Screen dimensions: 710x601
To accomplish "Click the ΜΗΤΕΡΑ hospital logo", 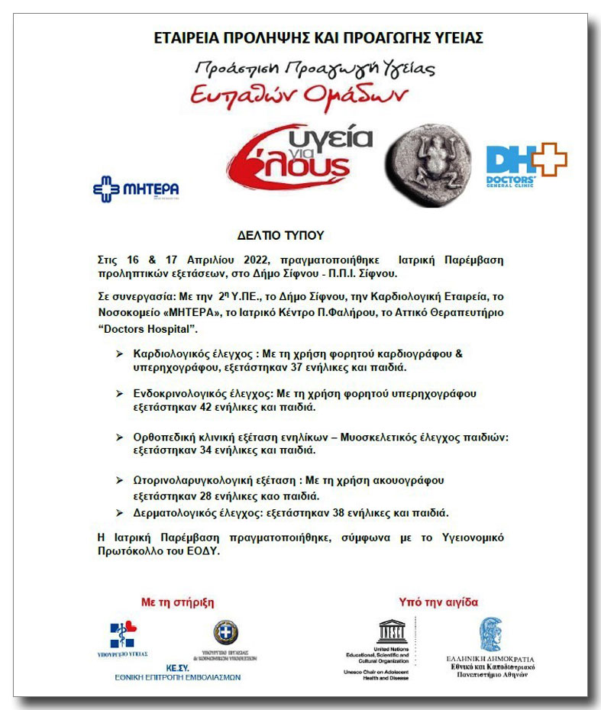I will [x=136, y=188].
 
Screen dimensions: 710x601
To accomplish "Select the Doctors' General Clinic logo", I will [x=526, y=163].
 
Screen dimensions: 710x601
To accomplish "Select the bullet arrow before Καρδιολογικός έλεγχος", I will [x=119, y=355].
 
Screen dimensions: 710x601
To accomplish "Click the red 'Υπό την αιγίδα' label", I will [x=438, y=602].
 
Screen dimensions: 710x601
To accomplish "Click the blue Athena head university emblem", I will [x=490, y=634].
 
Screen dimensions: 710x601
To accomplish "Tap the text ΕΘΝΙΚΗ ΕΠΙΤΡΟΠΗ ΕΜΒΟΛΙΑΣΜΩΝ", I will [x=177, y=676].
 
